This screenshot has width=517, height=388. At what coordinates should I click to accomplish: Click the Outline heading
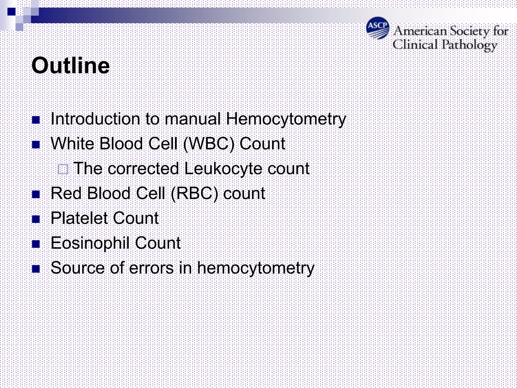(71, 65)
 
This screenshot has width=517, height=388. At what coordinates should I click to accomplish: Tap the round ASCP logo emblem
(378, 28)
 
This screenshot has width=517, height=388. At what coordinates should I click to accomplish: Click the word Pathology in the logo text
(469, 45)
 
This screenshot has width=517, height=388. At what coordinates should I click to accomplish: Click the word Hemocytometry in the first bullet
(286, 119)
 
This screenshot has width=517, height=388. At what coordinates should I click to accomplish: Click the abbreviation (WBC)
(209, 144)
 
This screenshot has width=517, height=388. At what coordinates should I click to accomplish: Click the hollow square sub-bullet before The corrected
(63, 169)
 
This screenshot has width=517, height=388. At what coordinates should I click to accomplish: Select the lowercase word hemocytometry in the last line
(255, 268)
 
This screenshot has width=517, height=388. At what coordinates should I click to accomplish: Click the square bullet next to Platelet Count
(36, 219)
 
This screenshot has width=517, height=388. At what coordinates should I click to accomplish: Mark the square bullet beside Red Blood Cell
(36, 194)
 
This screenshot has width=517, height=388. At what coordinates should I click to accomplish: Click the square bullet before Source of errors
(36, 269)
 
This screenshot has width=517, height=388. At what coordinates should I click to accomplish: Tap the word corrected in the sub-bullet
(143, 168)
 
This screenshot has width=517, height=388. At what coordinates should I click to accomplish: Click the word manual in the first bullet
(192, 118)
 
